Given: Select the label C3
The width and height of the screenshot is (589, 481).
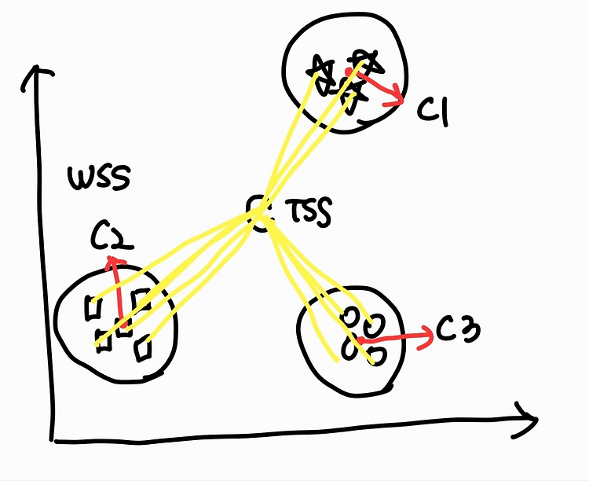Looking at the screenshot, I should click(x=458, y=332).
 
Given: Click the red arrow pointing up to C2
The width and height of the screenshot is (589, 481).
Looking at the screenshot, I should click(x=119, y=291).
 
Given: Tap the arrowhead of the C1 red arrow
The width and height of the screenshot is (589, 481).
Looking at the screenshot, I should click(x=397, y=98).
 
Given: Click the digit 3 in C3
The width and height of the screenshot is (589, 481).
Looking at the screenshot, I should click(x=468, y=332).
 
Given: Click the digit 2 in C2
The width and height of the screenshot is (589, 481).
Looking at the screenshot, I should click(x=121, y=237).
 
